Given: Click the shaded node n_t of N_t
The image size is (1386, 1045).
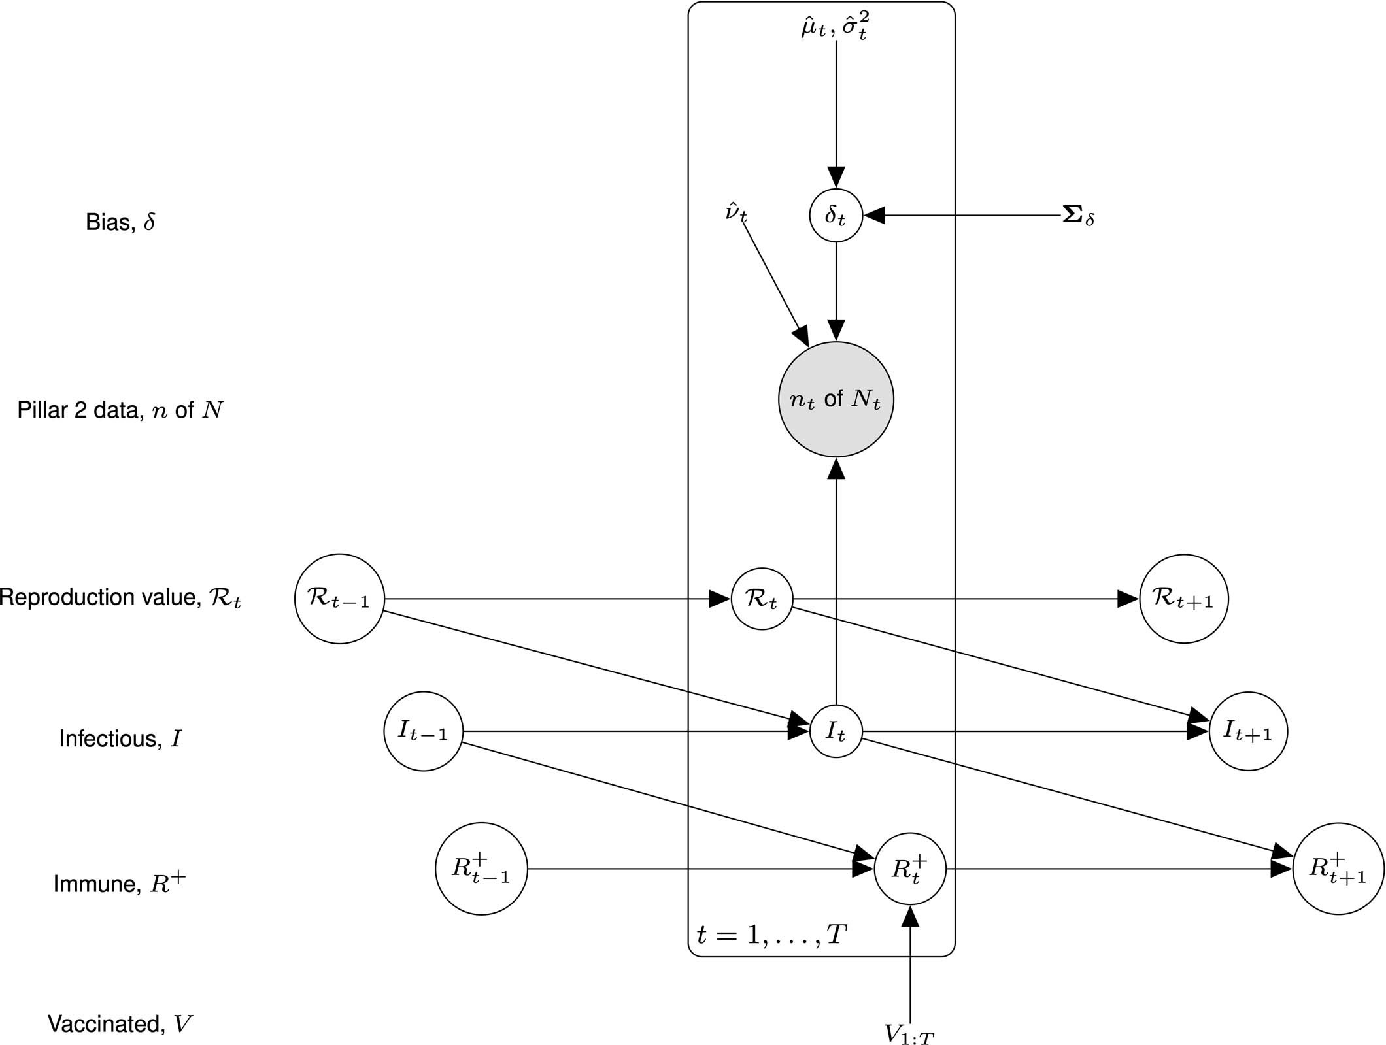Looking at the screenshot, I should tap(836, 399).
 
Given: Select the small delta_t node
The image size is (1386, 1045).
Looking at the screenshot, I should tap(836, 215).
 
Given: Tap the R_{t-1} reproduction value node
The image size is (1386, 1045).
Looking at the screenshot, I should tap(339, 599).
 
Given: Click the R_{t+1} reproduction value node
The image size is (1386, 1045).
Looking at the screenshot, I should tap(1183, 599).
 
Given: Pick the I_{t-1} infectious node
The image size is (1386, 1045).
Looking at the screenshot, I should tap(423, 731).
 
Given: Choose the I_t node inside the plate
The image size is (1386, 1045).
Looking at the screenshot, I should tap(836, 731).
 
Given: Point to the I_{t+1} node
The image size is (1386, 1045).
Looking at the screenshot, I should tap(1248, 731).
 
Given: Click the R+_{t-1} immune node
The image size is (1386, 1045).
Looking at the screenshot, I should tap(481, 869).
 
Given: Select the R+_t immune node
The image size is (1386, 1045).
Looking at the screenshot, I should tap(910, 869).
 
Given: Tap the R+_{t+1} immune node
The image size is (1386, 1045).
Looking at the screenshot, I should tap(1338, 869).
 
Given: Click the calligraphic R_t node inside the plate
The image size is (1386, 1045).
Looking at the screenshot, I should tap(762, 599).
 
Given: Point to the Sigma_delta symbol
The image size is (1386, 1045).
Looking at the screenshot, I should tap(1078, 216).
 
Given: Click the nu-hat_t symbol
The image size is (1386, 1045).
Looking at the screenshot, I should tap(736, 213).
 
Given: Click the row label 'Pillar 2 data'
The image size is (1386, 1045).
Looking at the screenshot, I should tap(120, 410).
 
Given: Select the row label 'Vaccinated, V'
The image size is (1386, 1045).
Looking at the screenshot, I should tap(120, 1023).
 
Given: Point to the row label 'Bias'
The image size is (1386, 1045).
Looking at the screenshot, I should tap(120, 223).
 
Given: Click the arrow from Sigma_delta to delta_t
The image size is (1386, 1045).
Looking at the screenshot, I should tap(968, 215).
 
